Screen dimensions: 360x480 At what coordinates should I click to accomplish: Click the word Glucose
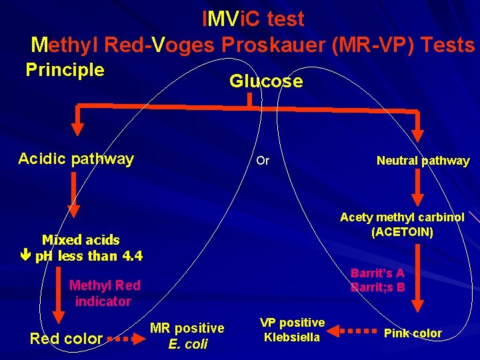265,81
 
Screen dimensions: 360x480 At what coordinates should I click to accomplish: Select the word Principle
65,70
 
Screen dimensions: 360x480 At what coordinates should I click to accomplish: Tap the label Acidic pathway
76,159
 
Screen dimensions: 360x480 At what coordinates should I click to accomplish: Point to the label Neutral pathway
423,161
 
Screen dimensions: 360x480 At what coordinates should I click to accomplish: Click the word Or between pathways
263,161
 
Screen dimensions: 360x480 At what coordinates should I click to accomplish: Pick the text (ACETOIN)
402,231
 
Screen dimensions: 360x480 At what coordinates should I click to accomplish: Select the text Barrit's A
377,273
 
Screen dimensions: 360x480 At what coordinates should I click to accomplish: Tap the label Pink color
413,333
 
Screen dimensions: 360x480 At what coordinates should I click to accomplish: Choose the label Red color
66,339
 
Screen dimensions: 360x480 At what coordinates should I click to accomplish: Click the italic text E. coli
187,344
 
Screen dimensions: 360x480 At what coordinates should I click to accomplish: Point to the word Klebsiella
292,337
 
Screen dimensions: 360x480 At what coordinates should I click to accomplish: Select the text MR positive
187,328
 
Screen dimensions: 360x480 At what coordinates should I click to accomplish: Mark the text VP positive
292,323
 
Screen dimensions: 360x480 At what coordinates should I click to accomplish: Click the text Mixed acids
81,240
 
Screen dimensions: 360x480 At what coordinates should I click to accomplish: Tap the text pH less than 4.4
88,256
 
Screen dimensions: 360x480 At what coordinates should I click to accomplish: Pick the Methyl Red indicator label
105,293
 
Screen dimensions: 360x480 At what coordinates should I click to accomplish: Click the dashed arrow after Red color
126,339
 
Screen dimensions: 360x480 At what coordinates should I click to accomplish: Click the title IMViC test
253,19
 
